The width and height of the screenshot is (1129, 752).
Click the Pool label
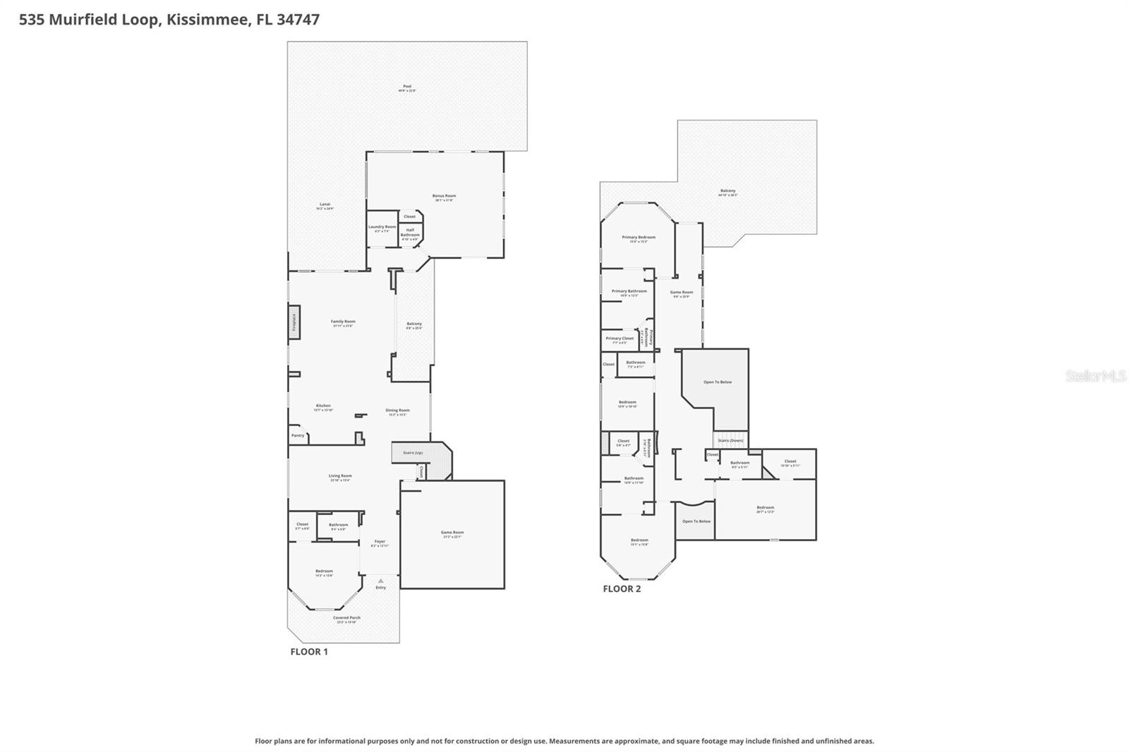click(x=407, y=87)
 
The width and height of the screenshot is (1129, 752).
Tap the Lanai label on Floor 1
click(x=325, y=205)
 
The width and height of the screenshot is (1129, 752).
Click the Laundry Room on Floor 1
click(x=382, y=228)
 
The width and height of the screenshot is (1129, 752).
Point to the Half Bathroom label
click(x=410, y=233)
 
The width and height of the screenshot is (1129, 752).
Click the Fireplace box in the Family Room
click(x=294, y=322)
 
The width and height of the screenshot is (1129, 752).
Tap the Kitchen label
click(x=323, y=406)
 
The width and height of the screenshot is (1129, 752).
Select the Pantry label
click(x=298, y=435)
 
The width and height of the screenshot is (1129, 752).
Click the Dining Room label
click(x=397, y=411)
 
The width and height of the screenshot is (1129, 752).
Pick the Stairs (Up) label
click(x=413, y=452)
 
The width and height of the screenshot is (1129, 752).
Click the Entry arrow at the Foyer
click(x=380, y=581)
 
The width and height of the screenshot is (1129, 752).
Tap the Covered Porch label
click(x=346, y=619)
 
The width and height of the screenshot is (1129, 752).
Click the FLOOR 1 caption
click(x=309, y=652)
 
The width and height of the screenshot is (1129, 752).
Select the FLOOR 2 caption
click(x=622, y=588)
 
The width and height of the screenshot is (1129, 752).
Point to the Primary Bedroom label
click(x=639, y=238)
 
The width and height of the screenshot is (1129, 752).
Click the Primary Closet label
click(x=620, y=339)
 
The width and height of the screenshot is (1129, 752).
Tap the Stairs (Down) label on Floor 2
click(x=730, y=440)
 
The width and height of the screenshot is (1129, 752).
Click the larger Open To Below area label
click(x=718, y=382)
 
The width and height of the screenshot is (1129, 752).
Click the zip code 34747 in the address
click(x=298, y=20)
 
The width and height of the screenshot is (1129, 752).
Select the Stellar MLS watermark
click(x=1095, y=376)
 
